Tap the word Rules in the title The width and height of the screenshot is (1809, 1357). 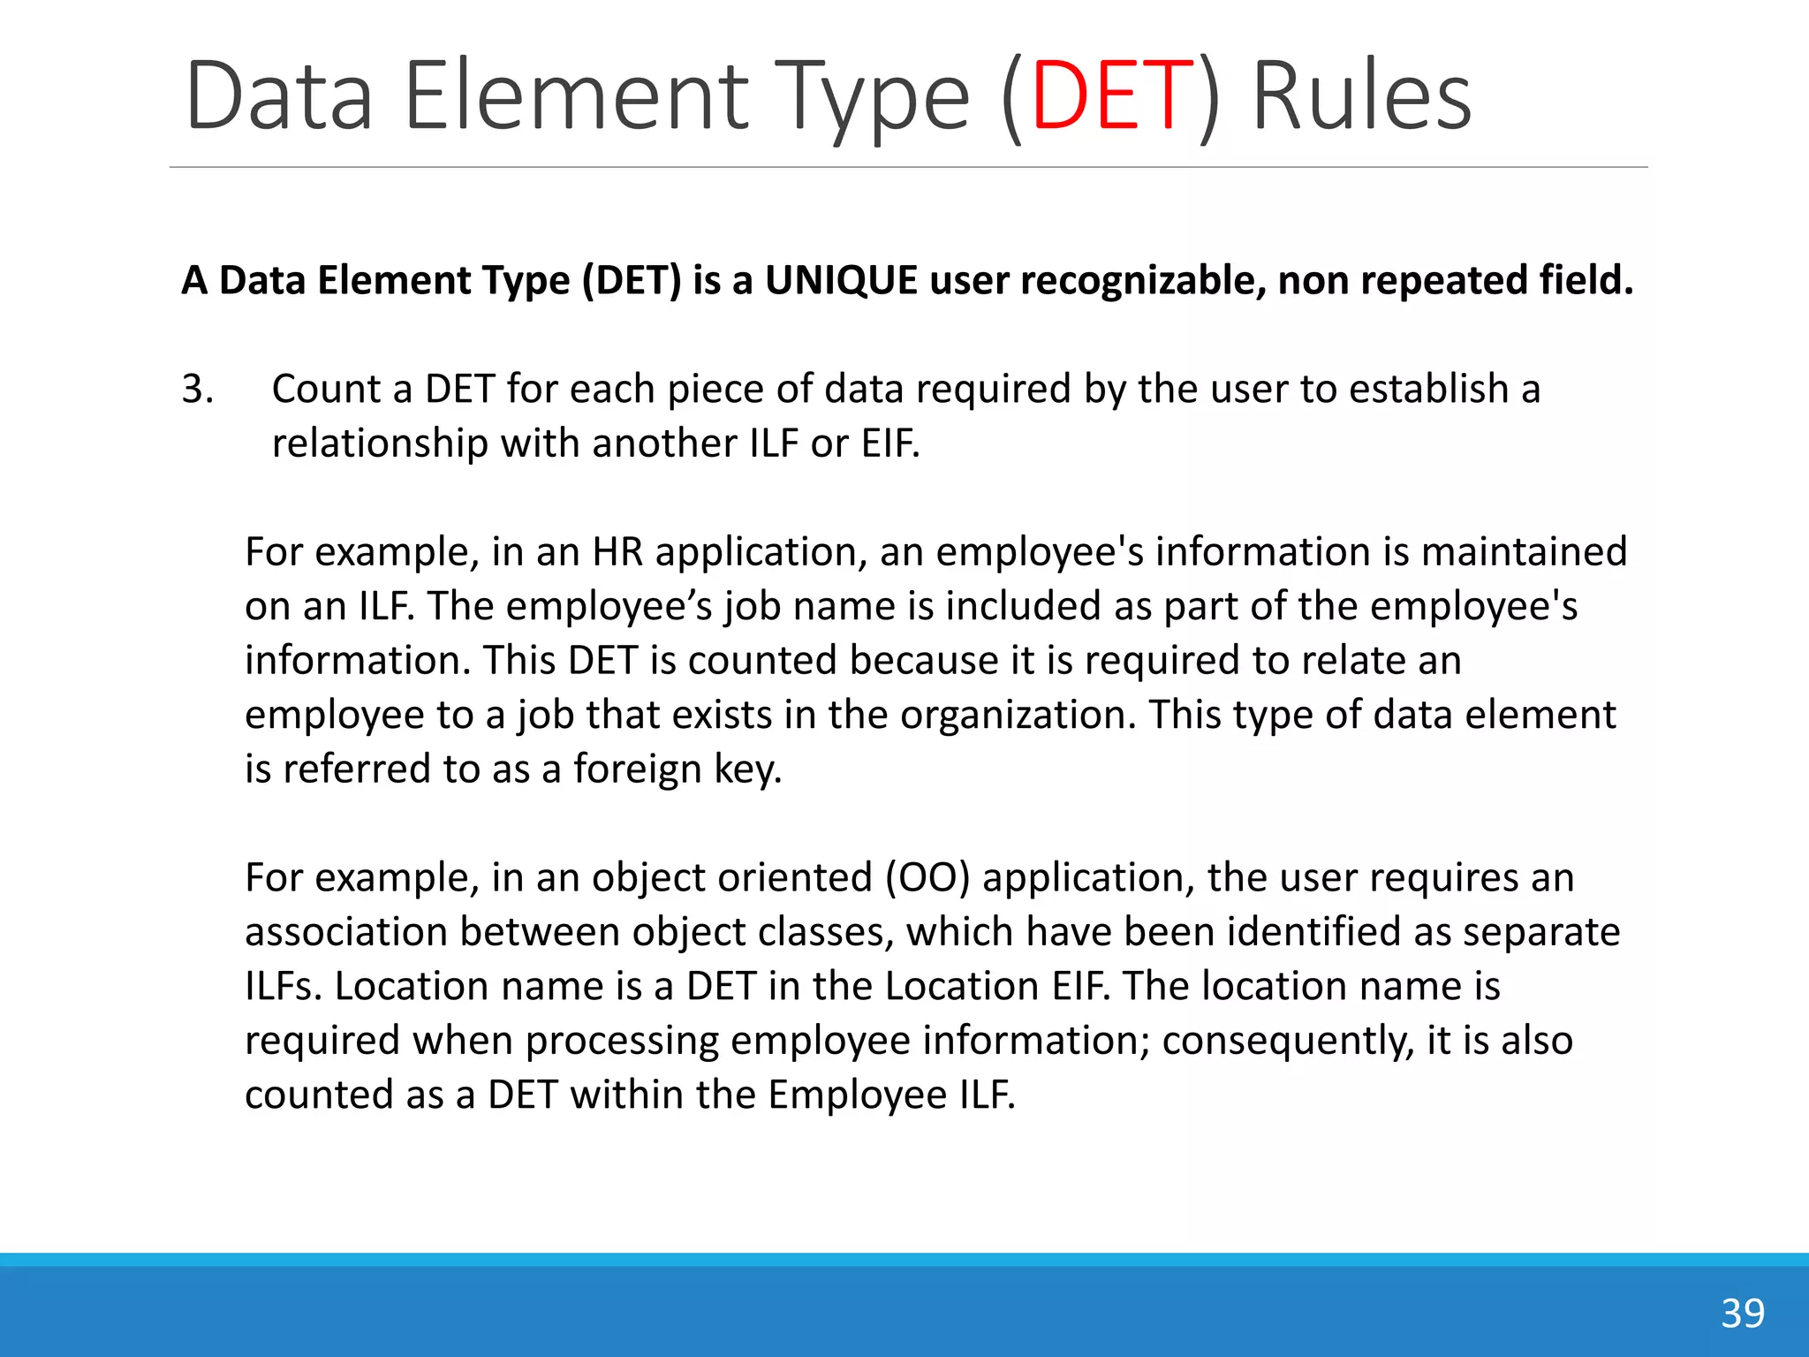click(x=1361, y=95)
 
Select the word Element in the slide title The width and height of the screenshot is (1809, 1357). click(x=576, y=95)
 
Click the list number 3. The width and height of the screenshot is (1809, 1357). click(x=198, y=390)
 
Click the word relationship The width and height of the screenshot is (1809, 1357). click(x=380, y=443)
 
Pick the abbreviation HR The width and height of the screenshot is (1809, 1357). click(x=617, y=552)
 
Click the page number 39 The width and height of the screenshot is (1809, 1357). click(x=1743, y=1314)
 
